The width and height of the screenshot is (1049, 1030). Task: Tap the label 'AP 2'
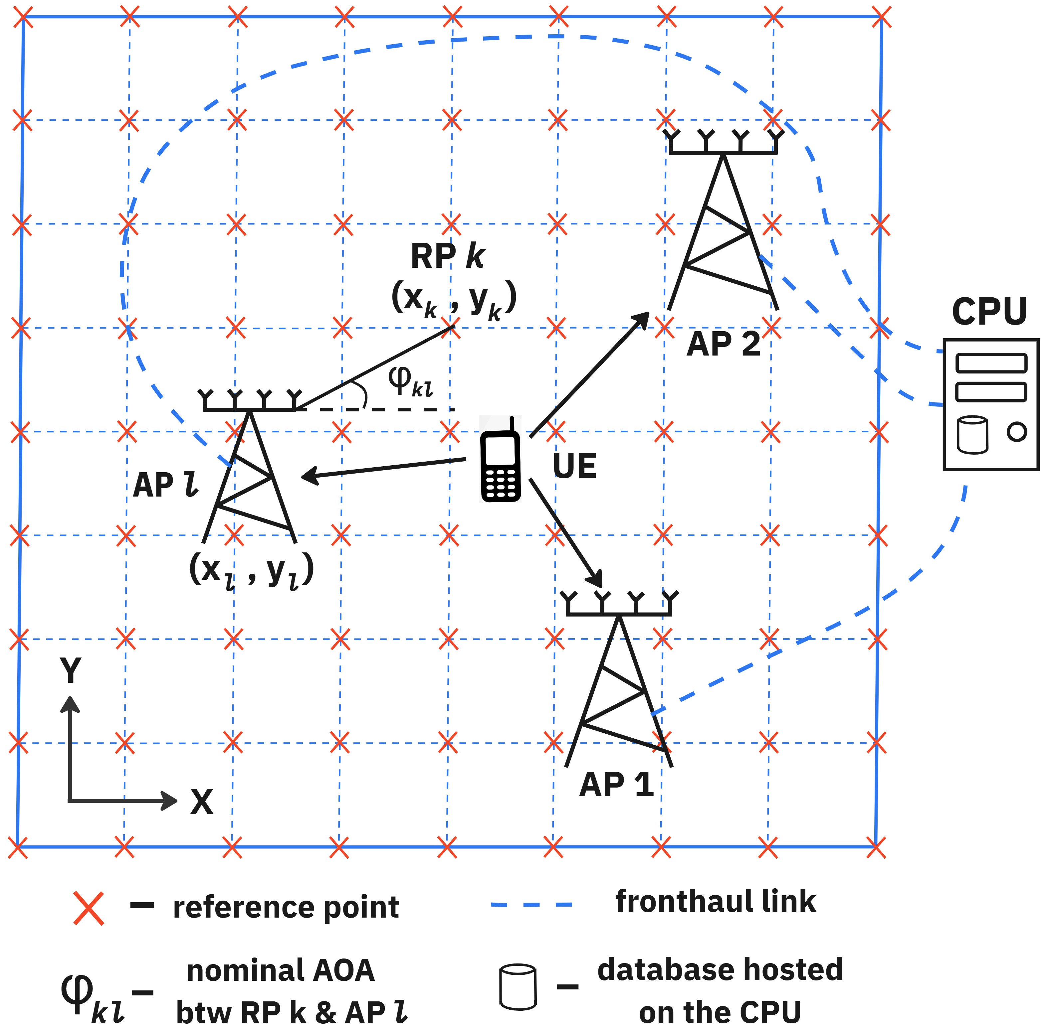click(x=723, y=344)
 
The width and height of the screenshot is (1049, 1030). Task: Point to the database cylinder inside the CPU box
click(x=972, y=434)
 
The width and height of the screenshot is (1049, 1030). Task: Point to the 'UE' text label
click(x=574, y=466)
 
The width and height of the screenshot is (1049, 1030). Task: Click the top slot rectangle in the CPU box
click(x=991, y=363)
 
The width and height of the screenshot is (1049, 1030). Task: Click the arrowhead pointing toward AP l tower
click(x=309, y=476)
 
